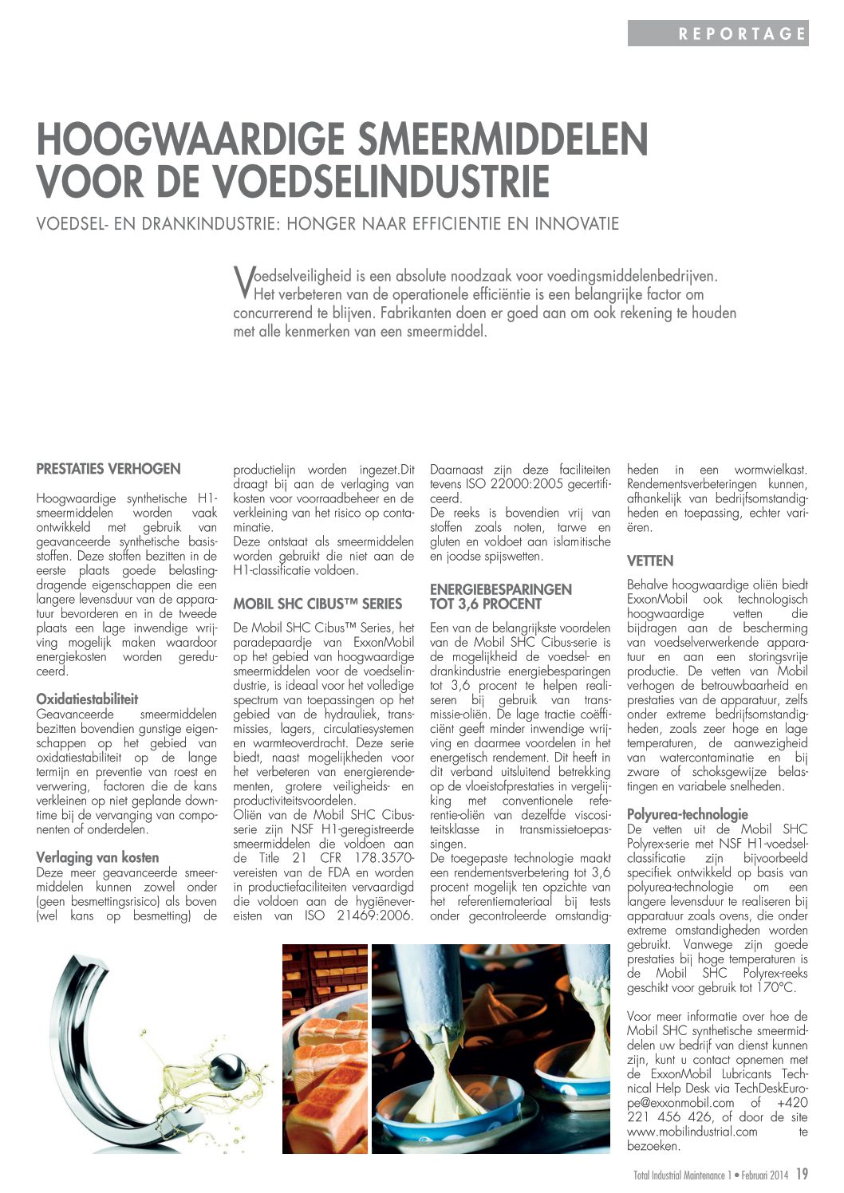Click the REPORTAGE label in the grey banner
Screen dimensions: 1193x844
click(x=742, y=33)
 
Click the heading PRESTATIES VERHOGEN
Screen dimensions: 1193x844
click(x=108, y=469)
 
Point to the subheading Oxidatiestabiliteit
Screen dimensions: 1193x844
click(x=87, y=699)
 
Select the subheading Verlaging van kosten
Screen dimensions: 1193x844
click(x=97, y=857)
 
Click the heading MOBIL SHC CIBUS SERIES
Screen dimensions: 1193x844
click(x=317, y=604)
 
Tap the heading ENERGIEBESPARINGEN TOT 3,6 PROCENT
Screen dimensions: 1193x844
click(x=500, y=596)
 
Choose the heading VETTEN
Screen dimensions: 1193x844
click(x=650, y=561)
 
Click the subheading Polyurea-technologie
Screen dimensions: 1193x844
click(x=688, y=814)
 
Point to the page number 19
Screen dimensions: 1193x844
click(x=802, y=1174)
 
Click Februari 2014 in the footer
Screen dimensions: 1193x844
click(x=764, y=1175)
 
